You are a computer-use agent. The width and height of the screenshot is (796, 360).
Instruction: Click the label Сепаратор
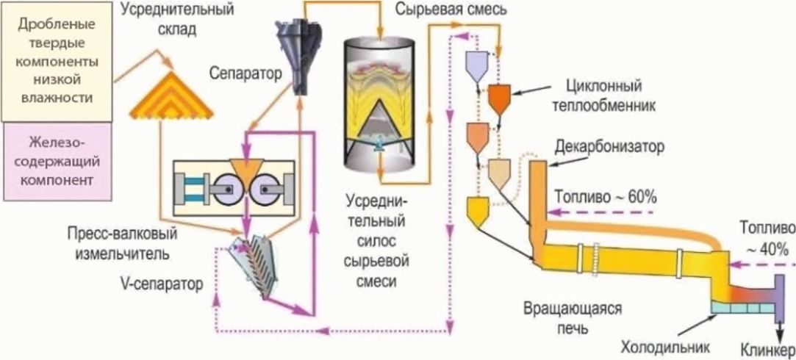point(245,74)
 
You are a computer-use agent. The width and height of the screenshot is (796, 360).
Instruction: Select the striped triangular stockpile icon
point(171,95)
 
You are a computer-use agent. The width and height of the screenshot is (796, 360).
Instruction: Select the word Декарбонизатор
point(609,148)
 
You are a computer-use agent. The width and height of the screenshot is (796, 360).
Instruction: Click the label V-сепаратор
point(168,284)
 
